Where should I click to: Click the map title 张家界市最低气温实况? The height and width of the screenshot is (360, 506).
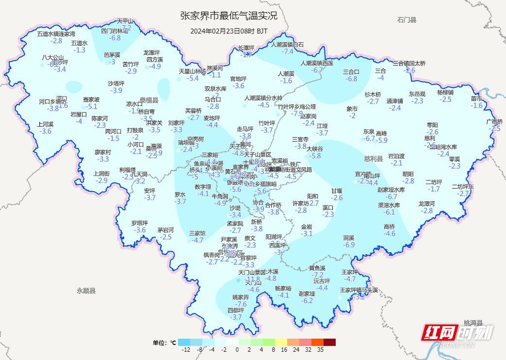(x=229, y=16)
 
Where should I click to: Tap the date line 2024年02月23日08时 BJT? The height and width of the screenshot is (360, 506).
(x=229, y=31)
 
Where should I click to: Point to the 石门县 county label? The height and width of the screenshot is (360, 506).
(x=407, y=20)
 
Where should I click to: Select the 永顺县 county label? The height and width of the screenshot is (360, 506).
(x=86, y=291)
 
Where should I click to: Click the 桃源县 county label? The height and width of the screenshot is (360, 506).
(x=473, y=323)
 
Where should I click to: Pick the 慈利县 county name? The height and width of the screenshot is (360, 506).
(x=374, y=159)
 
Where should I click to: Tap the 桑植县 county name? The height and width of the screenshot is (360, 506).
(x=149, y=100)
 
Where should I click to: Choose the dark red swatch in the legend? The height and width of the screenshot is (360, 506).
(x=330, y=342)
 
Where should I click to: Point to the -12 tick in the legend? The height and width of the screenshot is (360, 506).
(x=185, y=349)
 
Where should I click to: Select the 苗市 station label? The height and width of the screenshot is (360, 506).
(x=476, y=98)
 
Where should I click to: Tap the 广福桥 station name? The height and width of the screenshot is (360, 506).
(x=494, y=121)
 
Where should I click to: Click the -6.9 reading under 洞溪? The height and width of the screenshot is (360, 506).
(x=349, y=245)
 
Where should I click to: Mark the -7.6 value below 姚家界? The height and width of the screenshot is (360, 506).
(x=241, y=304)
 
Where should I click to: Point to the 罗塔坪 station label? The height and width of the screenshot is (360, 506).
(x=139, y=223)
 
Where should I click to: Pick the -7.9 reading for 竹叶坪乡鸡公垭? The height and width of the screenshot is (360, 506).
(x=296, y=114)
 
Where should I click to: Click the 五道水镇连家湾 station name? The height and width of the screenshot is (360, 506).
(x=56, y=34)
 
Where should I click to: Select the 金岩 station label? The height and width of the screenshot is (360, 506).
(x=307, y=227)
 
